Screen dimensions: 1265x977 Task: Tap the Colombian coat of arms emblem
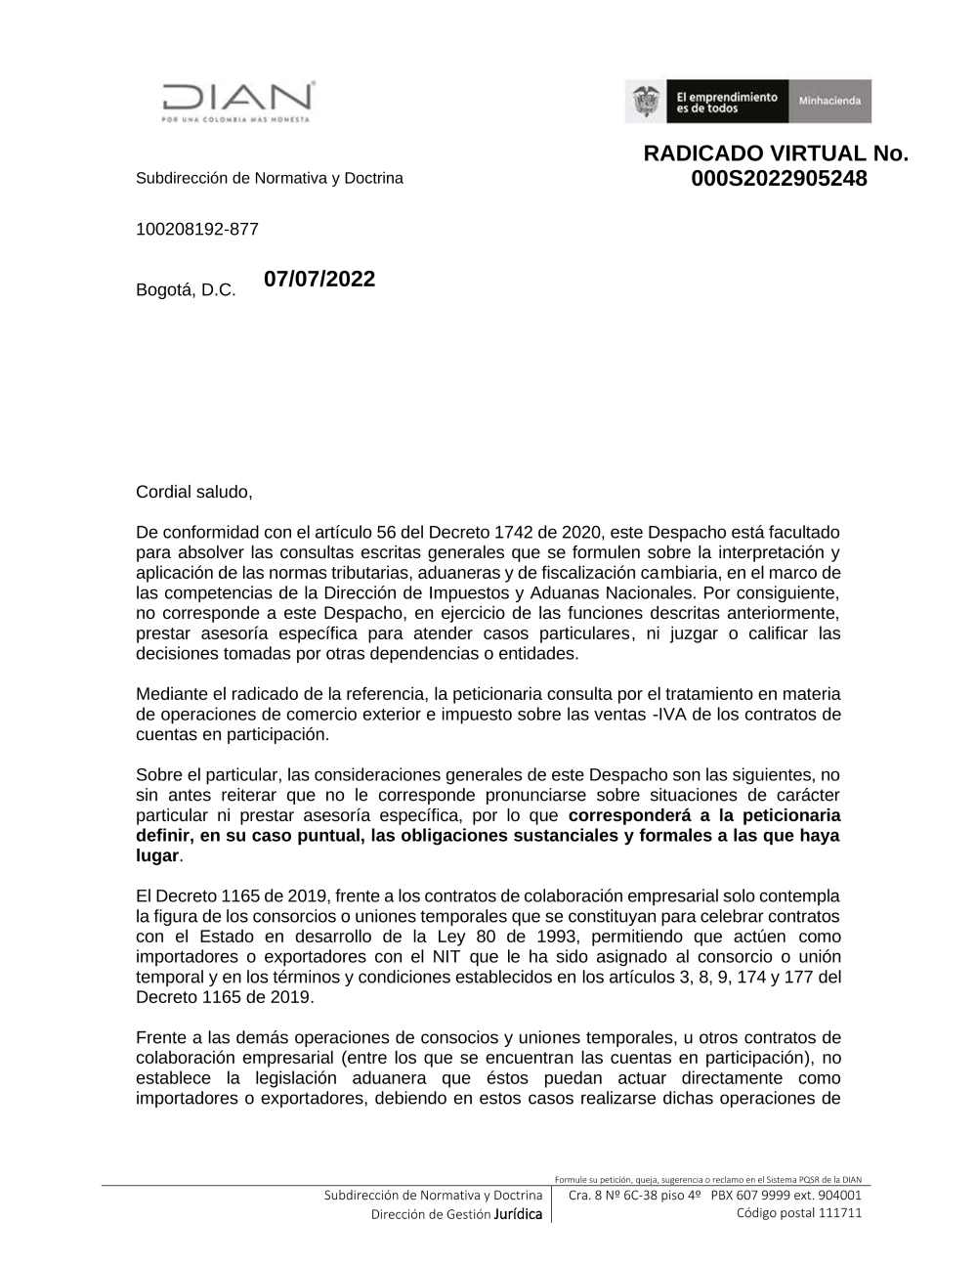pyautogui.click(x=646, y=102)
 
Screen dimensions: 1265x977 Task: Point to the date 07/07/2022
pyautogui.click(x=319, y=279)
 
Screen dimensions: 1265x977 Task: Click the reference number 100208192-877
pyautogui.click(x=197, y=230)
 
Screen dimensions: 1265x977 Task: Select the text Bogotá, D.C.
pyautogui.click(x=186, y=290)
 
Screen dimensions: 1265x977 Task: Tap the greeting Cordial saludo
pyautogui.click(x=194, y=492)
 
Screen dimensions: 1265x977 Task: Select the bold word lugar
pyautogui.click(x=157, y=856)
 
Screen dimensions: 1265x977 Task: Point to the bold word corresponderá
pyautogui.click(x=620, y=815)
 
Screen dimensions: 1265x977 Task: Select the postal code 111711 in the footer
pyautogui.click(x=839, y=1213)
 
